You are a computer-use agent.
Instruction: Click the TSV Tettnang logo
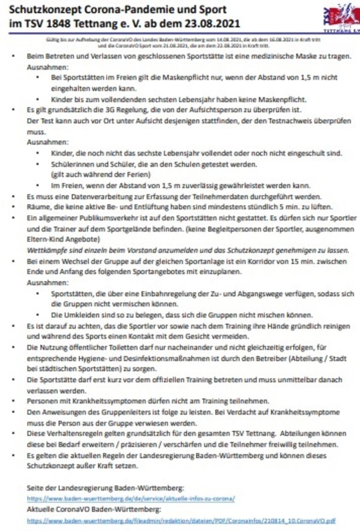click(341, 18)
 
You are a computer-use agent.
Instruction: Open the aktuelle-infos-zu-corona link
click(131, 498)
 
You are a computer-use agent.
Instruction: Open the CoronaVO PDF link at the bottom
click(181, 521)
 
